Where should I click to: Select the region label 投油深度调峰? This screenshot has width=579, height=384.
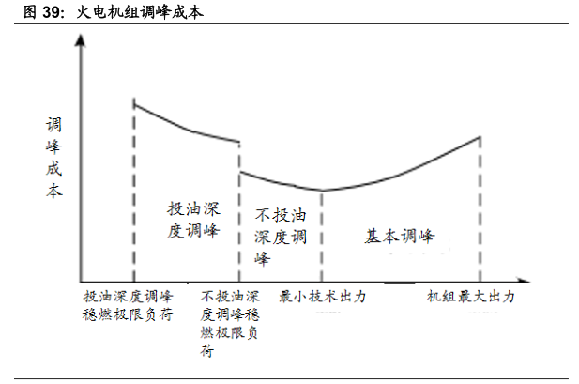193,220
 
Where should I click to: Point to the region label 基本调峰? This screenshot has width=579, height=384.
401,236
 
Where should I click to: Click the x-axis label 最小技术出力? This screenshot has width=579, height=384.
323,297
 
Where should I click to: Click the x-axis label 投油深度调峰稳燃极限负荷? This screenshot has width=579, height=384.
129,305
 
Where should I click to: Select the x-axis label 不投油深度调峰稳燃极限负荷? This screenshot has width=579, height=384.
231,323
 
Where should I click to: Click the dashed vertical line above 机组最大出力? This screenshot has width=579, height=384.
480,216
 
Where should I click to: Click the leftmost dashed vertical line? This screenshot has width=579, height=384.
134,188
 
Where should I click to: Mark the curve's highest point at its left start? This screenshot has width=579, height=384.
134,101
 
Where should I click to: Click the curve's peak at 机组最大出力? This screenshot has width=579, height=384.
480,137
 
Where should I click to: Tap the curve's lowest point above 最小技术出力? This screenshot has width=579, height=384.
322,191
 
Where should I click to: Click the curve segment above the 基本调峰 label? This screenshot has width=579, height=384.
404,172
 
